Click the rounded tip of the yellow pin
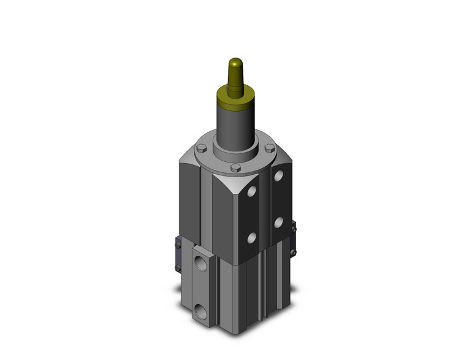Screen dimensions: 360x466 (234, 63)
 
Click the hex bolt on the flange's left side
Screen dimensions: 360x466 (201, 148)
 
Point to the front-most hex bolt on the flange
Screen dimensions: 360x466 (235, 167)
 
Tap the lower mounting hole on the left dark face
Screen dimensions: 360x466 (250, 236)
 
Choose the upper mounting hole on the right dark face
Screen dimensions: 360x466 (279, 177)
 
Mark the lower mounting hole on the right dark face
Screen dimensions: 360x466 (279, 221)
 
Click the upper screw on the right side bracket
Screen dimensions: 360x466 (294, 229)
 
